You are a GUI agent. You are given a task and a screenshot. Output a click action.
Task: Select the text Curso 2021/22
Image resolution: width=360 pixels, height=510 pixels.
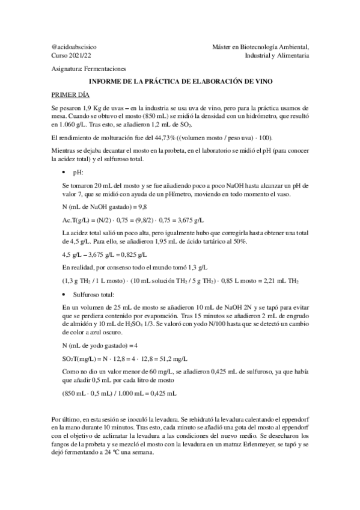click(69, 55)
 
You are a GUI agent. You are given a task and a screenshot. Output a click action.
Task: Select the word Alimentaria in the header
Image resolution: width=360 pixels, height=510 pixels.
click(290, 55)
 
